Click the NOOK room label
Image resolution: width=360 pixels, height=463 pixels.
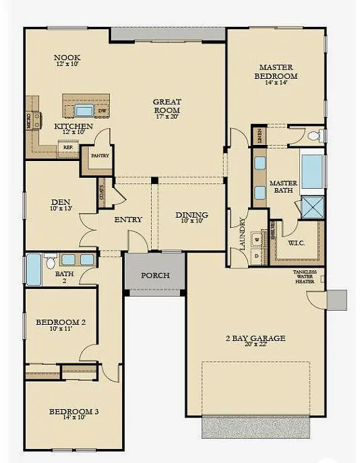(67, 58)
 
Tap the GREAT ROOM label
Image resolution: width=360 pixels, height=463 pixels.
(167, 106)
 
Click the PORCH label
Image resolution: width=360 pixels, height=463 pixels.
(154, 276)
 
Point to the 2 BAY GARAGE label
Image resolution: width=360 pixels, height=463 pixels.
(256, 338)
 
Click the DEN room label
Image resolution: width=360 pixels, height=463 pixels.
(57, 202)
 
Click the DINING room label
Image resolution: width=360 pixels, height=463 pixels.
(191, 215)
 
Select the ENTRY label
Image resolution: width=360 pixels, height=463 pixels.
(127, 220)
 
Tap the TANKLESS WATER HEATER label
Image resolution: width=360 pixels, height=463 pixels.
(304, 276)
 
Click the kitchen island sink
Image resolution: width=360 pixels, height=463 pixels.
(84, 111)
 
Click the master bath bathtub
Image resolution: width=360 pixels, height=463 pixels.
(312, 171)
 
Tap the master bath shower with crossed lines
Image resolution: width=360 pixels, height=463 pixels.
(312, 206)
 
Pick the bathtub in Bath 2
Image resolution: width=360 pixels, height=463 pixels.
(34, 270)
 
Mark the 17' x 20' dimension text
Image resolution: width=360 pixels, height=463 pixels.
(167, 117)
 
